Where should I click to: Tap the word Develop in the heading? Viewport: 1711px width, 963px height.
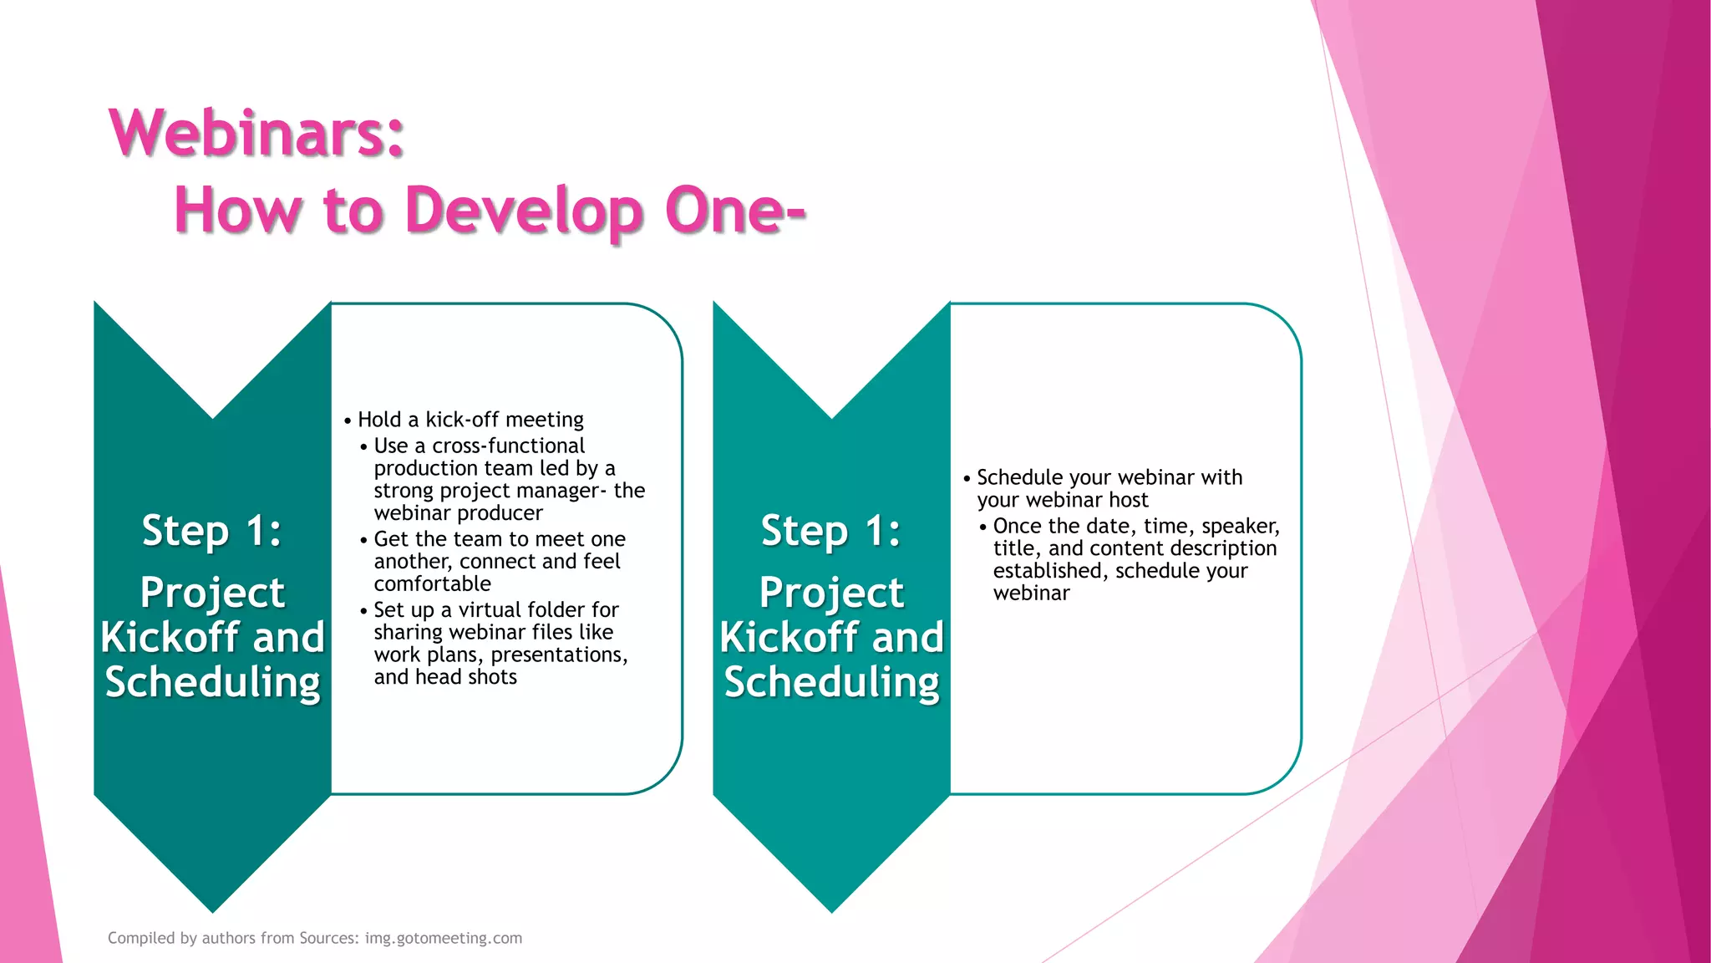coord(524,211)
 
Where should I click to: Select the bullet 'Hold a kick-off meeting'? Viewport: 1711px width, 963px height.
coord(470,420)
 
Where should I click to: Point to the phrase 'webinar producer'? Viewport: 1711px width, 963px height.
coord(458,513)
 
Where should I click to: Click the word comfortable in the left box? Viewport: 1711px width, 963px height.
coord(432,583)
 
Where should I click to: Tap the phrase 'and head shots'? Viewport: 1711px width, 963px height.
coord(445,677)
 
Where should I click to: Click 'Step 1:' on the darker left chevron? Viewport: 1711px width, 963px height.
coord(212,531)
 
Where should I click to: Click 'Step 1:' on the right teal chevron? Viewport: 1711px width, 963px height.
coord(831,531)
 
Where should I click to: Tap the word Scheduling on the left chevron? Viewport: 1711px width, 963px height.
coord(212,682)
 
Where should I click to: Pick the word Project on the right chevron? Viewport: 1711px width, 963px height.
coord(831,593)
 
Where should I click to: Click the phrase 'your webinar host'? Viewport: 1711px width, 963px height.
coord(1063,500)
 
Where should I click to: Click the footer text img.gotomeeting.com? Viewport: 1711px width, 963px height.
coord(444,938)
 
